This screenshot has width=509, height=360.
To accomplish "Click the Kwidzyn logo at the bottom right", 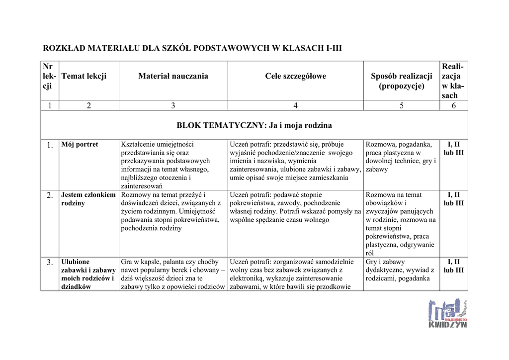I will [447, 313].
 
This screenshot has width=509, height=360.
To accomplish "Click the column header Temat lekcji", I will [84, 76].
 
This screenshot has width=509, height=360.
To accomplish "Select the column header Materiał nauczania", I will [173, 76].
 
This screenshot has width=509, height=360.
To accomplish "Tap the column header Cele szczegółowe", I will [295, 76].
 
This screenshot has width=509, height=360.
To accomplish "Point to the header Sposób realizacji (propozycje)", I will [401, 81].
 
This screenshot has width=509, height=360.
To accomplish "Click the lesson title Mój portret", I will [80, 145].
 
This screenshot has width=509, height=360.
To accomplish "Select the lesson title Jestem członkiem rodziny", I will [88, 199].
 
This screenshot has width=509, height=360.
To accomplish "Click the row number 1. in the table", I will [50, 145].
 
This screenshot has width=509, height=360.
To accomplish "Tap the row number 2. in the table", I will [50, 195].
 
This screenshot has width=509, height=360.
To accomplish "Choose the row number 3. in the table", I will [50, 263].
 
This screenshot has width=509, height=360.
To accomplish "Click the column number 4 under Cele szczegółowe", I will [295, 105].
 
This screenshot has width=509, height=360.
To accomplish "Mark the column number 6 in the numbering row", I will [454, 105].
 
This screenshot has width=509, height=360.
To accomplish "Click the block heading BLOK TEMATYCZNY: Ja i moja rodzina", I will [254, 125].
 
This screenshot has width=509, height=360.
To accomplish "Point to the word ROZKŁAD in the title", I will [64, 48].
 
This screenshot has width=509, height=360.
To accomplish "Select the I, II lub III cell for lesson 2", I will [453, 199].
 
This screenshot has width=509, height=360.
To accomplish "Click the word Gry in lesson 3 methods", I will [372, 262].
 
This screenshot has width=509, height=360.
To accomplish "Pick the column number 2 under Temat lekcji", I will [89, 105].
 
